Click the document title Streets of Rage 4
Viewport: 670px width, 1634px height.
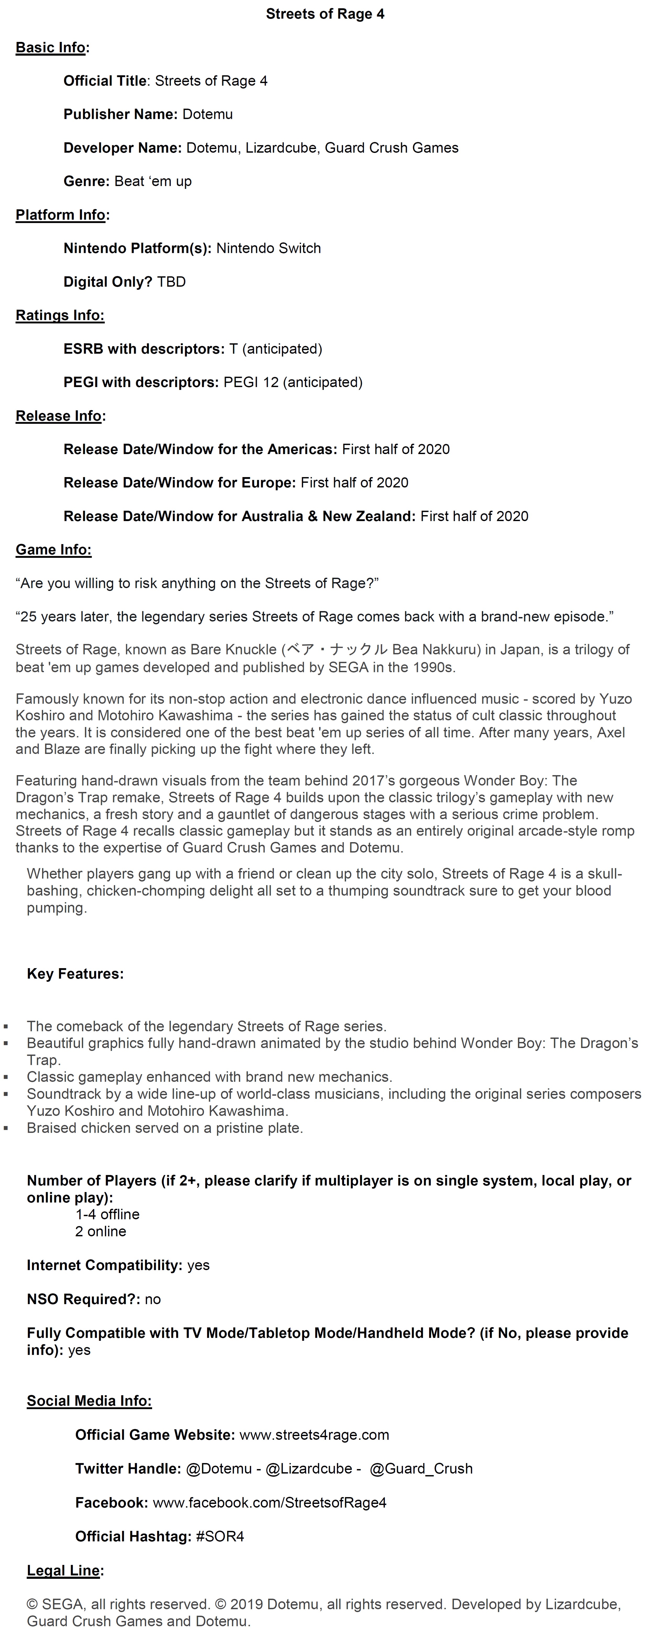click(x=325, y=14)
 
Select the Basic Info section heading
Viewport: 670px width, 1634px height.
click(x=51, y=48)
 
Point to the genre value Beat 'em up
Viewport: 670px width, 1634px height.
click(x=153, y=181)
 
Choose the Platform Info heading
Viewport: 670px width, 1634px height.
click(x=61, y=215)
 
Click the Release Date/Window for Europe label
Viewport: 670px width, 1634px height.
click(x=180, y=483)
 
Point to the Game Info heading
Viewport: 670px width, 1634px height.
click(x=53, y=550)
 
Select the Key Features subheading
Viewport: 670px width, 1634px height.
click(x=75, y=974)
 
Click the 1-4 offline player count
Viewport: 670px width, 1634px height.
click(x=107, y=1214)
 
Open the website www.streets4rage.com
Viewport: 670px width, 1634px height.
click(x=314, y=1435)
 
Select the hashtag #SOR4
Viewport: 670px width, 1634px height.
click(x=220, y=1536)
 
